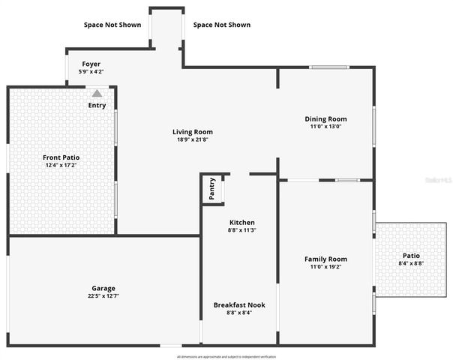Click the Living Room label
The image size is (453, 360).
[x=193, y=132]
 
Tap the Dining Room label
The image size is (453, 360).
[x=325, y=118]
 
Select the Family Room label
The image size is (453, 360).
[x=325, y=259]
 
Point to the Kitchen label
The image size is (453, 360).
[x=241, y=222]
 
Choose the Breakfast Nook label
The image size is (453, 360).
[x=239, y=304]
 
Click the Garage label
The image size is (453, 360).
[x=103, y=288]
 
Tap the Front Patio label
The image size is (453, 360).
[x=61, y=157]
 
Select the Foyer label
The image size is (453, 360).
[x=91, y=64]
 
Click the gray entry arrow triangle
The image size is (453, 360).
[x=97, y=93]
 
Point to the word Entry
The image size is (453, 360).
[x=97, y=105]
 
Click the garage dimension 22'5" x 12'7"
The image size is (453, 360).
[x=103, y=296]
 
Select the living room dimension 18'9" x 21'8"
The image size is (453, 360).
[x=193, y=139]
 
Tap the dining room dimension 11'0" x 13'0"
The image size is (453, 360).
[x=325, y=127]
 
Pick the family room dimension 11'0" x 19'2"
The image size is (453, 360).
[x=325, y=267]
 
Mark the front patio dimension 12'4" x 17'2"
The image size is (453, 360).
[x=61, y=165]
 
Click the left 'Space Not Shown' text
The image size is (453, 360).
[x=112, y=25]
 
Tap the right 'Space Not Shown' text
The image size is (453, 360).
[x=222, y=25]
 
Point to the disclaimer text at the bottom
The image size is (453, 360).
[x=226, y=356]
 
